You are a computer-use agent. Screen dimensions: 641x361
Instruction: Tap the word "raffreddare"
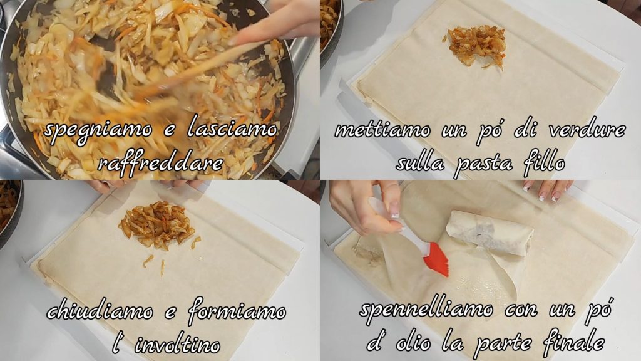click(161, 164)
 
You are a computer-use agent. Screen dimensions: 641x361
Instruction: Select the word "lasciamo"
click(232, 129)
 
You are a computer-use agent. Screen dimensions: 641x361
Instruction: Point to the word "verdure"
click(587, 129)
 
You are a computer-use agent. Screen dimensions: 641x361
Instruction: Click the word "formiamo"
click(237, 310)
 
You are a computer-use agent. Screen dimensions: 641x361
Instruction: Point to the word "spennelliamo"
click(426, 310)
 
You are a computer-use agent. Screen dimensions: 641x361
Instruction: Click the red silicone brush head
click(435, 259)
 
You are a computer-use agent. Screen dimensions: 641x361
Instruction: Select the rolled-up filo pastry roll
click(490, 233)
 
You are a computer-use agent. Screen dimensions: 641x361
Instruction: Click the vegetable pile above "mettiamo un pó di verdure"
click(476, 46)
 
